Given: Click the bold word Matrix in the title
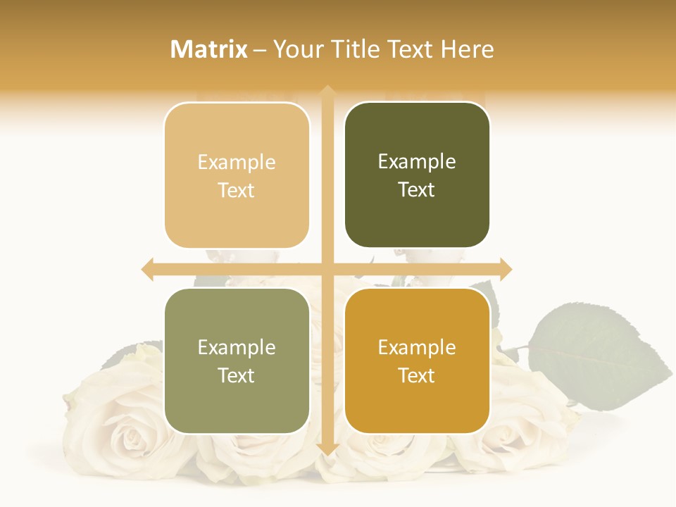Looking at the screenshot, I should tap(209, 49).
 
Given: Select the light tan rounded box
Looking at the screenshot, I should tap(237, 175).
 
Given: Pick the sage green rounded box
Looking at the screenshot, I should tap(237, 361).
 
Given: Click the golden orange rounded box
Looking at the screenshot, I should tap(417, 361).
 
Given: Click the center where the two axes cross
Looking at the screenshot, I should tap(327, 269).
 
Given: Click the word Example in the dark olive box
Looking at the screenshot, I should tap(417, 161).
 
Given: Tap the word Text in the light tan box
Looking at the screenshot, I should tap(237, 190).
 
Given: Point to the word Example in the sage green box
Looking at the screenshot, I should tap(237, 347).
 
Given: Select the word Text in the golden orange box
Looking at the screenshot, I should tap(417, 375).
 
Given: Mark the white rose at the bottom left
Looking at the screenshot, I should tap(113, 423).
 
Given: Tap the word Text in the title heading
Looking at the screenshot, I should tap(408, 49).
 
